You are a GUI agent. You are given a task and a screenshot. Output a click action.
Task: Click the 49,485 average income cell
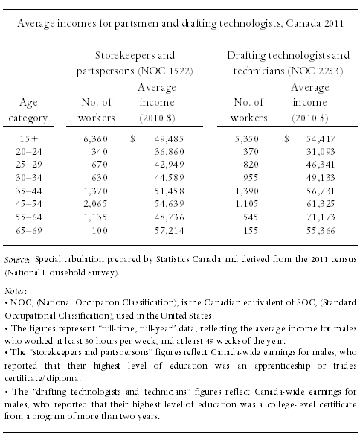click(x=169, y=138)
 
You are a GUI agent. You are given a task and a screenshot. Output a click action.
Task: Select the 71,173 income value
click(x=321, y=217)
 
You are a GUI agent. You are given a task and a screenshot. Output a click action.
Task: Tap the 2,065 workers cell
click(x=95, y=204)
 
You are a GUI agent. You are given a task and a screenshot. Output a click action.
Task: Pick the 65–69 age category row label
click(x=29, y=231)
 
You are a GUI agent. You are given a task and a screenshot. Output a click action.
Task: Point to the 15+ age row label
click(x=29, y=138)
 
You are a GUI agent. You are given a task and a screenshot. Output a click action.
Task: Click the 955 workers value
click(x=251, y=177)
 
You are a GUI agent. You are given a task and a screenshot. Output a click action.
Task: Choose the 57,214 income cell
click(x=169, y=231)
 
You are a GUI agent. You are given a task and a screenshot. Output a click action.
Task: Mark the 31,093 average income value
click(x=321, y=152)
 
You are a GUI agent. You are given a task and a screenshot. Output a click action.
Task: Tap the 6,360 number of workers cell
click(x=95, y=138)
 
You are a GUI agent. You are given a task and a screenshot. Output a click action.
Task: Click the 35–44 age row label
click(x=29, y=191)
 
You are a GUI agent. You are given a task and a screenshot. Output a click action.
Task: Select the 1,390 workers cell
click(x=247, y=191)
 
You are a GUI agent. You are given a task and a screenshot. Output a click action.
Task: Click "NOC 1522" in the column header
click(x=165, y=71)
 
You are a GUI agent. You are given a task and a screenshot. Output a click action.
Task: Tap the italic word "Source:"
click(x=16, y=260)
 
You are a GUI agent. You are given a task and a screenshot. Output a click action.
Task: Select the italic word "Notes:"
click(x=16, y=290)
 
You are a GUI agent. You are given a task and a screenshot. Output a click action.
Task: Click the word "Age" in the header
click(x=28, y=103)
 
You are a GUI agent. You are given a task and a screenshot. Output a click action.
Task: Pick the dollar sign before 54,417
click(x=286, y=138)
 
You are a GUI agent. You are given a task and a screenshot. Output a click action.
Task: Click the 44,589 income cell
click(x=169, y=177)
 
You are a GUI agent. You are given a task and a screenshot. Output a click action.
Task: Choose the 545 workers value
click(x=251, y=217)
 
